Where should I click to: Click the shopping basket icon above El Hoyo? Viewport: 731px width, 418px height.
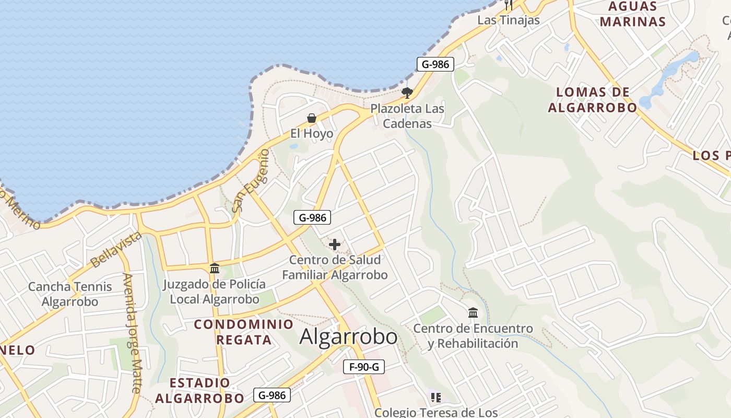[x=312, y=118]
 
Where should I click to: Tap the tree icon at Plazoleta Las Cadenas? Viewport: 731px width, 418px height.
[x=407, y=93]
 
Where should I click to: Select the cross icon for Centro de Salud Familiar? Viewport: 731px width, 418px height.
[x=335, y=244]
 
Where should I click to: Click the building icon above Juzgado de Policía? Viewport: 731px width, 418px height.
[x=214, y=269]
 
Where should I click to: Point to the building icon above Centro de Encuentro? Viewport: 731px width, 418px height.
[x=473, y=312]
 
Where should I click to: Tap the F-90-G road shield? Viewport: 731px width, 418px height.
[x=364, y=367]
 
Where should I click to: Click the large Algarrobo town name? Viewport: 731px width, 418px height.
[x=348, y=337]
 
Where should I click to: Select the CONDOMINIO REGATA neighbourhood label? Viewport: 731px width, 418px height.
[x=244, y=332]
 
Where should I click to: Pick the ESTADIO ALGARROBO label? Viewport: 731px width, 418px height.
[x=199, y=390]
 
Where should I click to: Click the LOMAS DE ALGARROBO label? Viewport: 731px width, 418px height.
[x=593, y=100]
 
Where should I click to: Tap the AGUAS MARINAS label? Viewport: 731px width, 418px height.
[x=633, y=14]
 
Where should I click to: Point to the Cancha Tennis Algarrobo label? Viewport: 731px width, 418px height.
[x=70, y=294]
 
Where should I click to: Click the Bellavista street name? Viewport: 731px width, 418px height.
[x=116, y=249]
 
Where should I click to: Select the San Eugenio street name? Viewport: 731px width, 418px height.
[x=251, y=180]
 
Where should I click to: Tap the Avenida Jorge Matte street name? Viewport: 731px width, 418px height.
[x=132, y=332]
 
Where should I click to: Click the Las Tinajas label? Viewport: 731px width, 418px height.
[x=508, y=20]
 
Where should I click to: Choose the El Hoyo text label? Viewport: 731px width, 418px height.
[x=312, y=134]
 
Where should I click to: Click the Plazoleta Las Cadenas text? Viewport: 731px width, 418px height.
[x=407, y=116]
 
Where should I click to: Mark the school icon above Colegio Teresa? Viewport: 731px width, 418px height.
[x=436, y=398]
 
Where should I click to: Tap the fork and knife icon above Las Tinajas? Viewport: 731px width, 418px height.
[x=508, y=5]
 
